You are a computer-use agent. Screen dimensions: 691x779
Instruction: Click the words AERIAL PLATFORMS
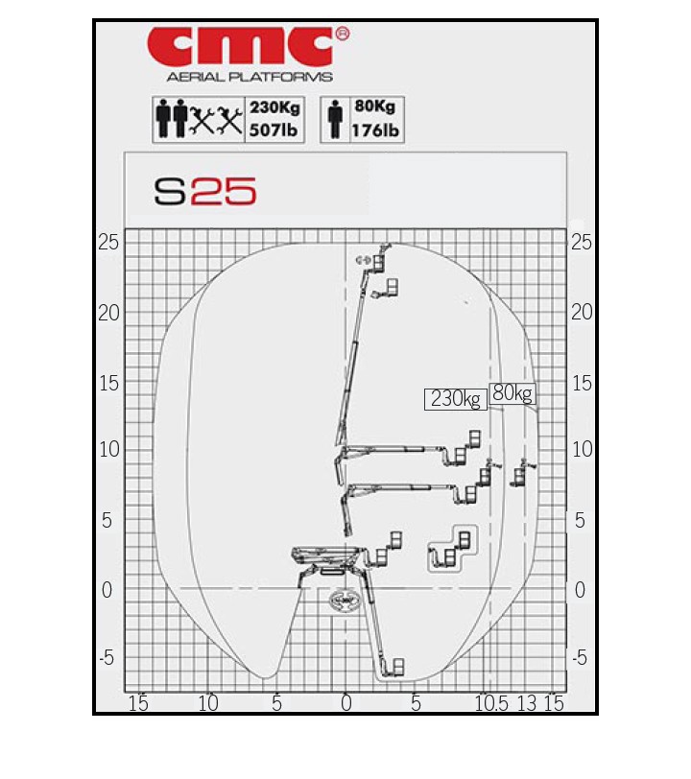(x=250, y=77)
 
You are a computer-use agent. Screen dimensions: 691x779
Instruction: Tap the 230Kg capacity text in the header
(x=274, y=107)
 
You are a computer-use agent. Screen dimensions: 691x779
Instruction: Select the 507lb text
(x=274, y=130)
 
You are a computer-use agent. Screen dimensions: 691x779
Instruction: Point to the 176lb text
(x=375, y=130)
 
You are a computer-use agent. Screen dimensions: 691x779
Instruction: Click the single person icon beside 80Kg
(x=336, y=119)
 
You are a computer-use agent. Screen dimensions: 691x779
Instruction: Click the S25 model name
(x=204, y=191)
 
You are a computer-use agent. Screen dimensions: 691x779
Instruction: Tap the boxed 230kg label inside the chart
(x=455, y=399)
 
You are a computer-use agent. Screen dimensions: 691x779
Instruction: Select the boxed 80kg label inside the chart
(x=512, y=393)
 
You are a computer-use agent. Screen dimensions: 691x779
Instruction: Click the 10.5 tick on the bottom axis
(x=491, y=703)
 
